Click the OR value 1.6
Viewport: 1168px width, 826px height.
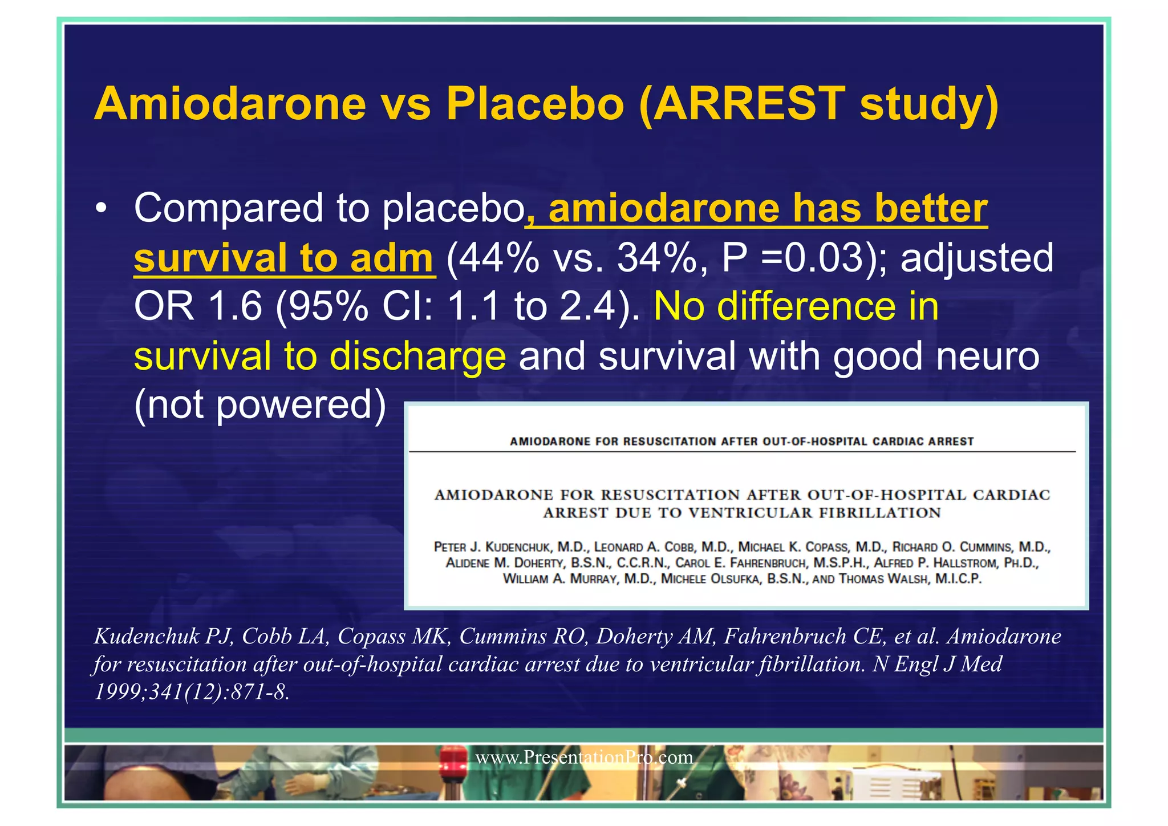[234, 307]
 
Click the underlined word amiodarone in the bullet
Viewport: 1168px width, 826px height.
[663, 209]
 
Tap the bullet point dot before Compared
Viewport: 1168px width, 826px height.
[102, 209]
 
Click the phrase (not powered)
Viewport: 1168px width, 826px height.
[260, 404]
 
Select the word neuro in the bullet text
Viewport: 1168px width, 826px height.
[995, 356]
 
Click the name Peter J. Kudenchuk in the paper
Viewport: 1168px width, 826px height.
[492, 547]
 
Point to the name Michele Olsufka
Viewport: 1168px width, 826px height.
[711, 579]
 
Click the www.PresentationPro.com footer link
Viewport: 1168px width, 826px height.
[584, 758]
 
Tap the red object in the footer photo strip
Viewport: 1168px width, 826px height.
[453, 762]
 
